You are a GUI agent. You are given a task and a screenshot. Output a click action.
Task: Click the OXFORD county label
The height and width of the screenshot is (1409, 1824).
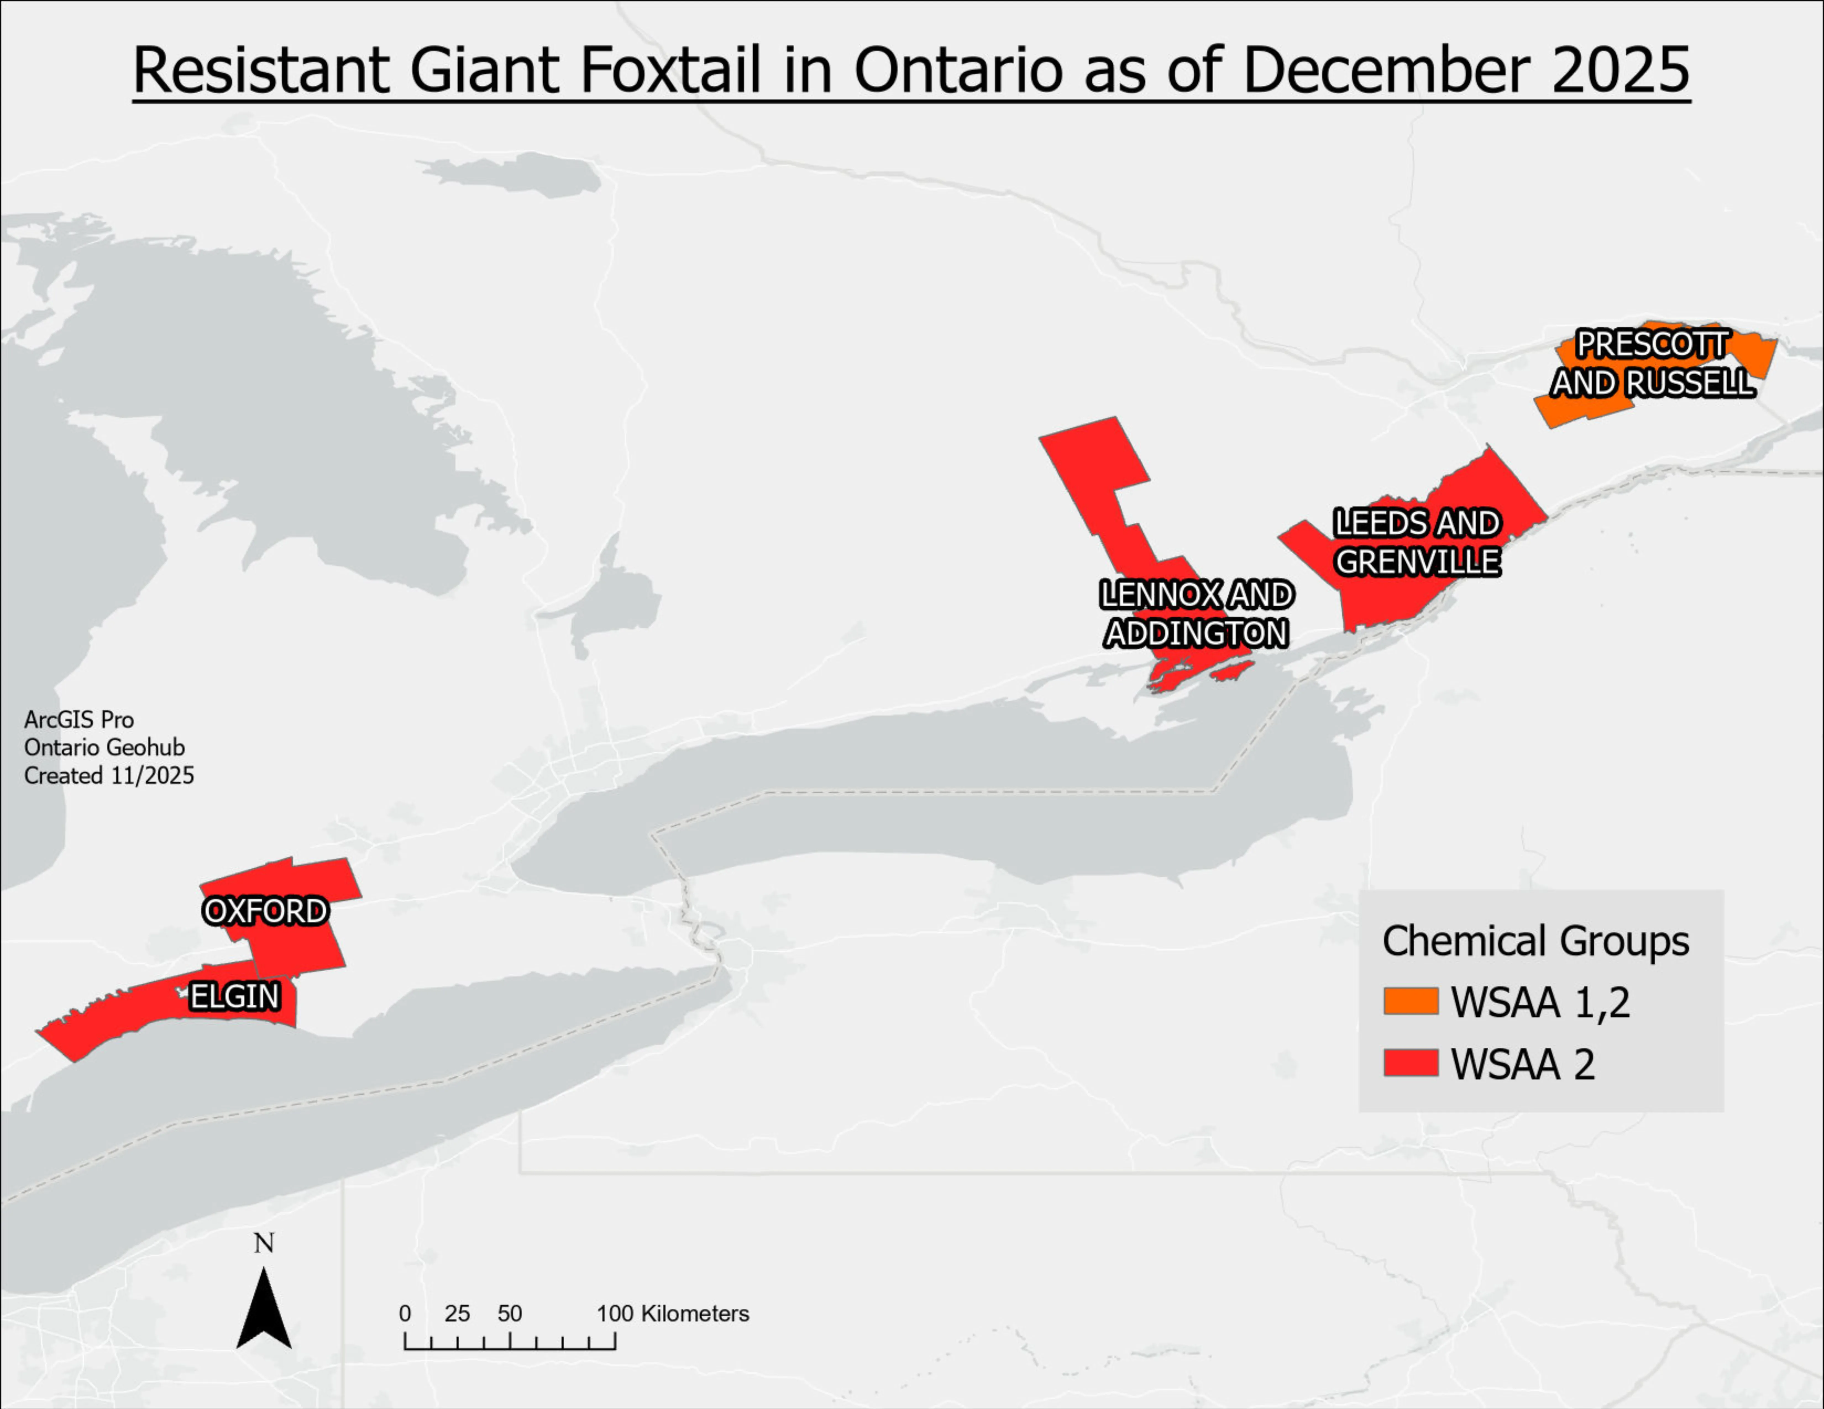pyautogui.click(x=266, y=911)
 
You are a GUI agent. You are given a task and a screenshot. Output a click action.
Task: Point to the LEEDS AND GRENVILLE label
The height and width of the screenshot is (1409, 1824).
pyautogui.click(x=1417, y=543)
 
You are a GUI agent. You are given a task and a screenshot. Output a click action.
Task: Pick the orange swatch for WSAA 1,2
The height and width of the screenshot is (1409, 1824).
pyautogui.click(x=1411, y=1001)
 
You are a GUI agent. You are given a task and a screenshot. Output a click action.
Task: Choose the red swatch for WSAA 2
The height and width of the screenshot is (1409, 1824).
pyautogui.click(x=1411, y=1063)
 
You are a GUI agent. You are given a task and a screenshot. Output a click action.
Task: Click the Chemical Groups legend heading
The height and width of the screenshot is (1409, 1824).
pyautogui.click(x=1535, y=941)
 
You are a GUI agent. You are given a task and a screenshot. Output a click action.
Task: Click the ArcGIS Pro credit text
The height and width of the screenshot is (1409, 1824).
pyautogui.click(x=78, y=719)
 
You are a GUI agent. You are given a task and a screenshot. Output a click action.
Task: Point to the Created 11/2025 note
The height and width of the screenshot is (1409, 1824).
pyautogui.click(x=109, y=776)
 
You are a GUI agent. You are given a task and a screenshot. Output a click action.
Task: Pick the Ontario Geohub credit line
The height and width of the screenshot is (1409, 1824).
pyautogui.click(x=104, y=747)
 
